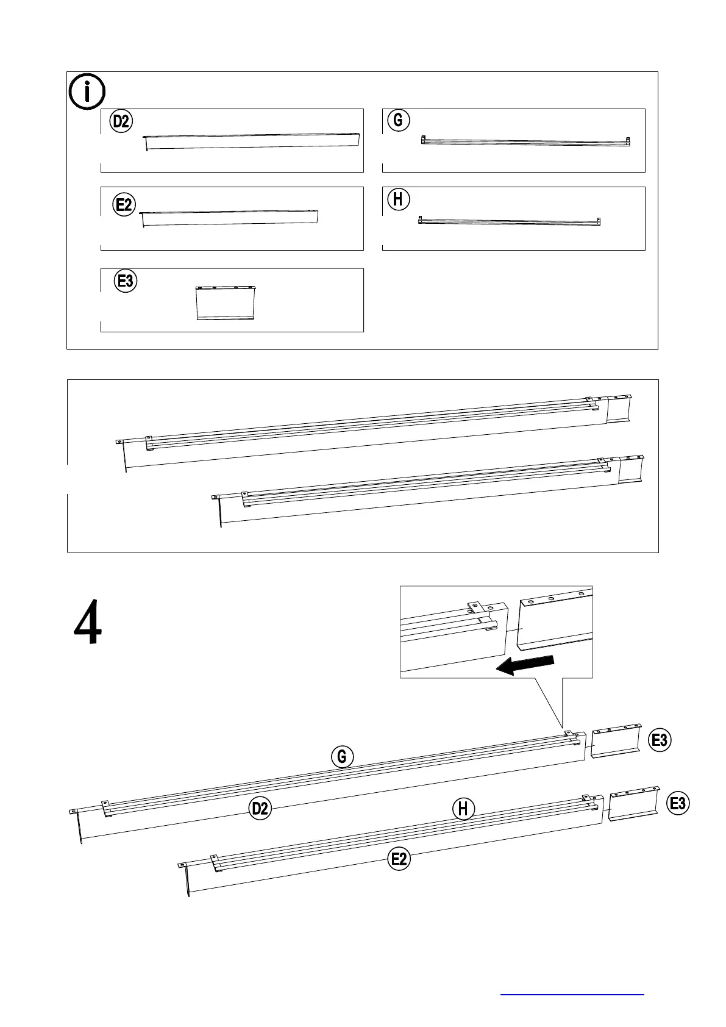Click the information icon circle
tap(87, 92)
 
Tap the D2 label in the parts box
tap(121, 121)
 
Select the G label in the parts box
tap(398, 120)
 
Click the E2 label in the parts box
tap(124, 204)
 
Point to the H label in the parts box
tap(398, 199)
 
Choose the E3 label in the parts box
tap(126, 281)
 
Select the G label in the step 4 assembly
tap(342, 757)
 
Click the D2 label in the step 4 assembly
tap(260, 808)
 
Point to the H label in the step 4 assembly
tap(463, 809)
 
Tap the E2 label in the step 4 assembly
tap(399, 859)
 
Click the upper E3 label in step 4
tap(660, 740)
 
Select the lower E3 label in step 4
tap(678, 803)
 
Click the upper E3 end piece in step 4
tap(616, 741)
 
